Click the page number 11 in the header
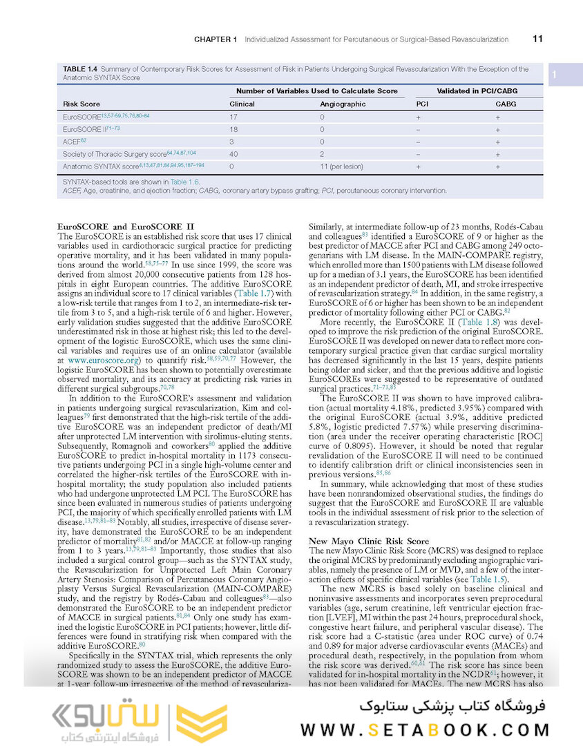click(537, 39)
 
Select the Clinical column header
click(242, 104)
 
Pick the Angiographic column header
click(342, 104)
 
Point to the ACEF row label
click(72, 142)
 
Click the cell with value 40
click(233, 154)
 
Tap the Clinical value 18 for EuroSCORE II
click(233, 129)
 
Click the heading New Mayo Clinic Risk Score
click(369, 541)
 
